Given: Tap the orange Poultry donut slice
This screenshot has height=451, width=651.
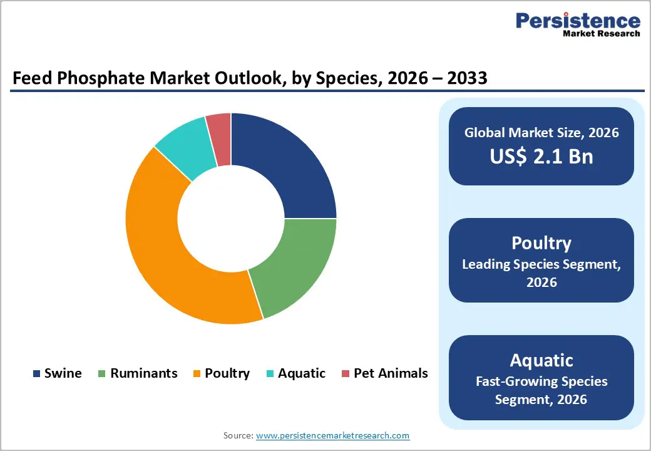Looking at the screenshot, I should [163, 251].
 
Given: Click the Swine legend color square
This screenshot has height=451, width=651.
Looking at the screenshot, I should [36, 374].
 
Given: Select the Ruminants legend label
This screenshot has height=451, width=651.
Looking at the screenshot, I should [143, 373].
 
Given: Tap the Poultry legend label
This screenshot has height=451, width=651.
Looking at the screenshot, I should [227, 373].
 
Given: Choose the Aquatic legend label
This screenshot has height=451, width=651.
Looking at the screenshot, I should [302, 373].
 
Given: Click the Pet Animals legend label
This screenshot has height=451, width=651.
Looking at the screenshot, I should [391, 373].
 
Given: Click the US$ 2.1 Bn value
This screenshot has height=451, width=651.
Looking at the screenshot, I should [541, 157].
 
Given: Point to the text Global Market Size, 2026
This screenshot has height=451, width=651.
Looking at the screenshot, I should [541, 133].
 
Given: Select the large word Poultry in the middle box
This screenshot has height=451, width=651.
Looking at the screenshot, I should [541, 243].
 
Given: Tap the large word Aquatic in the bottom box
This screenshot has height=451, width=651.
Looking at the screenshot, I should [541, 360].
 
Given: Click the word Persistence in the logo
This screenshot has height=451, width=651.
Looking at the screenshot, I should [577, 21].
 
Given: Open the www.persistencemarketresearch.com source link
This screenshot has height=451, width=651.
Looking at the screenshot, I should [332, 435].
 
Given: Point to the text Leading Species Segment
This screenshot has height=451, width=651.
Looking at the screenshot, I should [541, 264].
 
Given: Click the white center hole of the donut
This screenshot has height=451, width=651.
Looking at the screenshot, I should [231, 219].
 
